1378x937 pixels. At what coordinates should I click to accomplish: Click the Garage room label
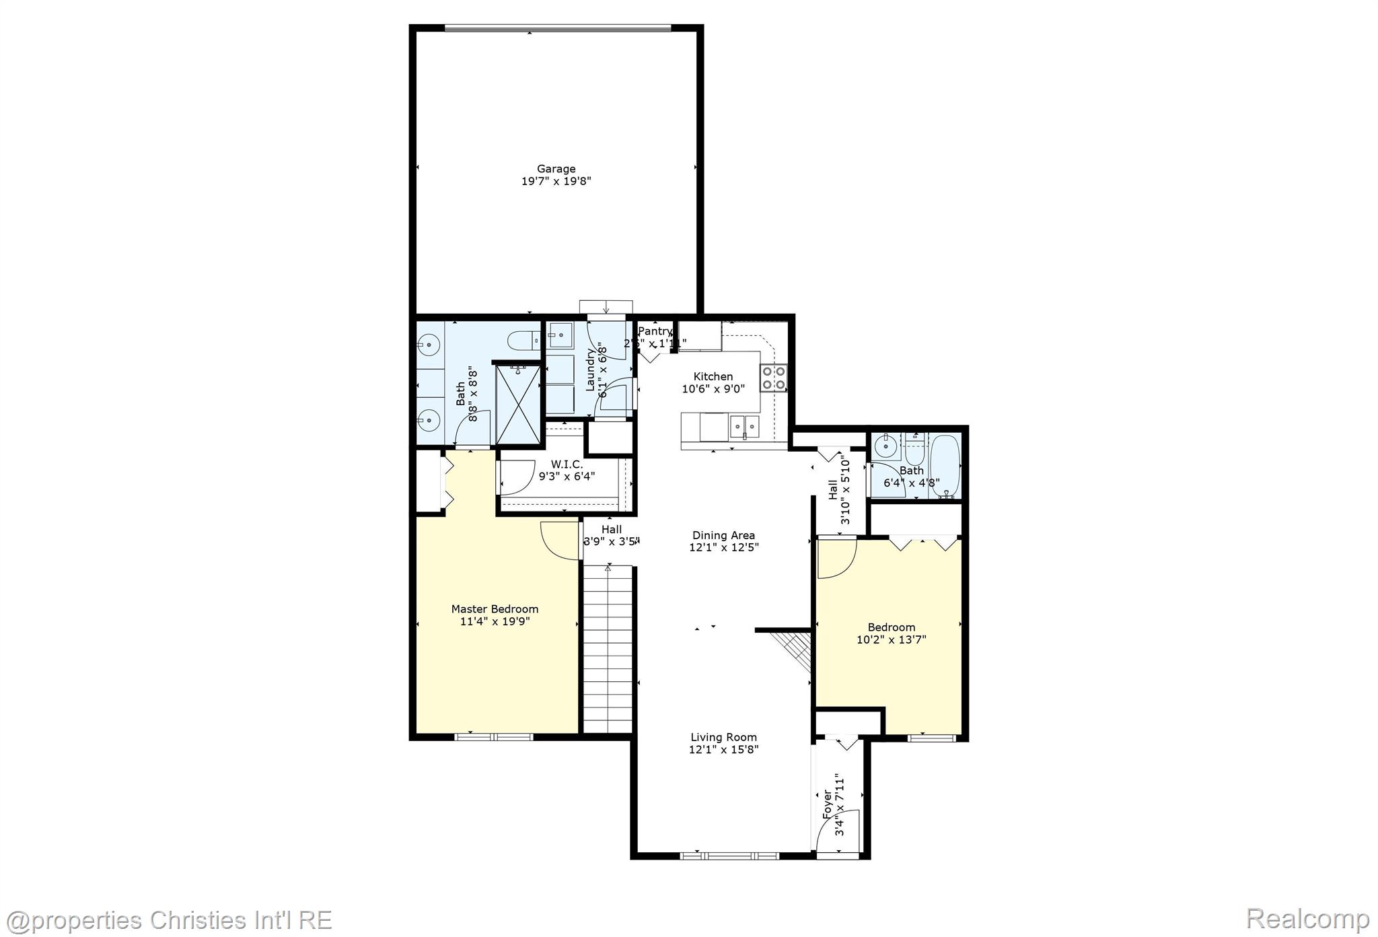pos(556,169)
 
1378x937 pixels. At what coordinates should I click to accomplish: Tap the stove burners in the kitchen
pos(774,378)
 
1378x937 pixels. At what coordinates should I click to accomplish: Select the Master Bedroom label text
pos(495,609)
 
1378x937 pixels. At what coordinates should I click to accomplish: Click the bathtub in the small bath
pos(945,466)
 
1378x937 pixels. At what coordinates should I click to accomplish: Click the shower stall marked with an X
pos(518,404)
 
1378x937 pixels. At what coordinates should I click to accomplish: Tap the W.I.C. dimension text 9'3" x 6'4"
pos(567,477)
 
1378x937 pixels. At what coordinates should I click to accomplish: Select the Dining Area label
pos(723,535)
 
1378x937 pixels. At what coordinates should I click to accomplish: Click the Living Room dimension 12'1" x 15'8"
pos(723,749)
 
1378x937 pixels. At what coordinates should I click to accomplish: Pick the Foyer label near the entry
pos(828,804)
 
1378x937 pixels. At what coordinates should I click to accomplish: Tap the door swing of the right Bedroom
pos(836,559)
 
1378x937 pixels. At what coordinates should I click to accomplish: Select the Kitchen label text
pos(713,376)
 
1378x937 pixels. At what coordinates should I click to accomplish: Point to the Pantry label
pos(654,331)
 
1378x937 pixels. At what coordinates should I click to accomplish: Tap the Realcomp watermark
pos(1307,918)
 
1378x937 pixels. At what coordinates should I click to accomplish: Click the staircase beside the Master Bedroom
pos(608,650)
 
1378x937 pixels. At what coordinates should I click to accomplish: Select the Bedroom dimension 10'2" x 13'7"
pos(891,639)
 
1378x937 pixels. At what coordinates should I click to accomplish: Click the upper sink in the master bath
pos(428,346)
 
